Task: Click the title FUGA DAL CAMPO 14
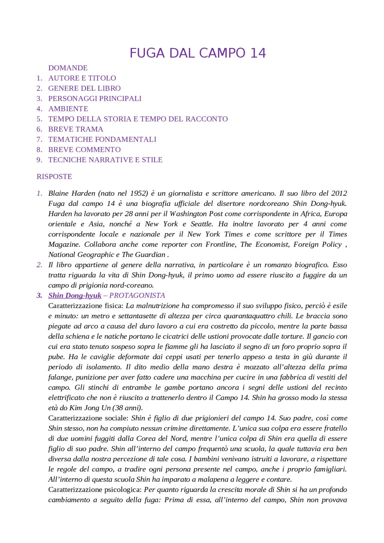point(197,53)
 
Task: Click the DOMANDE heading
point(68,68)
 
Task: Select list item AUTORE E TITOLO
point(82,78)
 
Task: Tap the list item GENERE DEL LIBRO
point(84,88)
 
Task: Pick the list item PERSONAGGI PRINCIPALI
point(95,98)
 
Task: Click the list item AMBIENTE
point(68,109)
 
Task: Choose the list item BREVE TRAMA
point(76,129)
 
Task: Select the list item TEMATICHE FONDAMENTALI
point(102,139)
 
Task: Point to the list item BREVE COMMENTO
point(84,149)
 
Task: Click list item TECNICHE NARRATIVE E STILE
point(105,160)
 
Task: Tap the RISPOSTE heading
point(54,176)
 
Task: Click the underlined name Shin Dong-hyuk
point(75,295)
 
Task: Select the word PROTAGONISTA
point(137,295)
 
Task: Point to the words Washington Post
point(196,213)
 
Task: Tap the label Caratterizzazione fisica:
point(86,306)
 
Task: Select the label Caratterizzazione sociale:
point(88,418)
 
